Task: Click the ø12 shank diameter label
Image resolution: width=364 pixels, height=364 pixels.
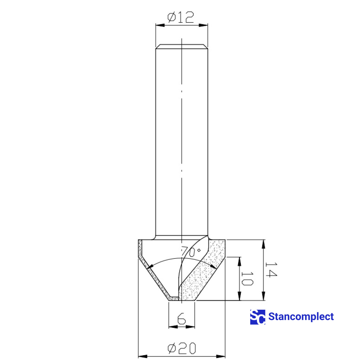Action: coord(181,18)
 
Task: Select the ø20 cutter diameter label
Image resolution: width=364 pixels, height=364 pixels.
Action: coord(182,349)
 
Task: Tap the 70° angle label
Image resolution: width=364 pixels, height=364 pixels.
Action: coord(188,252)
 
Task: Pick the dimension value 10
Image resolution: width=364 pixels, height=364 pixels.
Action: coord(247,278)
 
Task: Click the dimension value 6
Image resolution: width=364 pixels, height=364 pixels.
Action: coord(181,319)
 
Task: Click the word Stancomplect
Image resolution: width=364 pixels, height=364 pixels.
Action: coord(301,317)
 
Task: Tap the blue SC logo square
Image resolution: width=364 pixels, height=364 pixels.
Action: coord(258,317)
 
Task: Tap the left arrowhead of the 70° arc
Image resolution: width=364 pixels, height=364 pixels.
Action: coord(149,267)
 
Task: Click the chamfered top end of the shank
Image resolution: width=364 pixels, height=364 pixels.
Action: coord(181,46)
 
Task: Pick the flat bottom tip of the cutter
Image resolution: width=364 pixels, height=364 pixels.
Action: coord(181,301)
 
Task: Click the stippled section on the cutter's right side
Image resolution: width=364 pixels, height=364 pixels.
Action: coord(200,276)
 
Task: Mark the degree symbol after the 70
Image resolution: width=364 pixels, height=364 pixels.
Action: coord(199,250)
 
